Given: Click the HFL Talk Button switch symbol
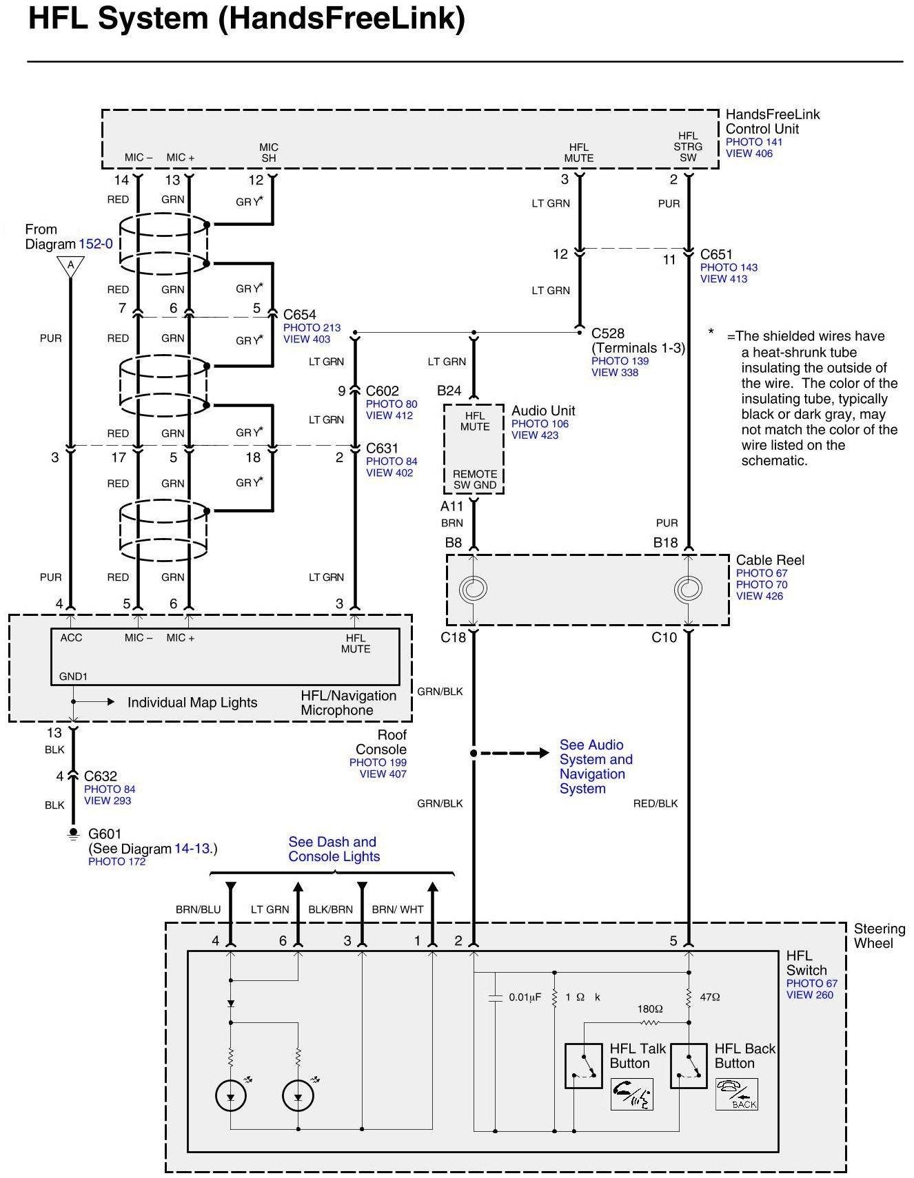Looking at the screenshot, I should [583, 1065].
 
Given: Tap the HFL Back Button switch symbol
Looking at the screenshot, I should [689, 1065].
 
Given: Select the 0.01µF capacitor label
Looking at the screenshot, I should [525, 997].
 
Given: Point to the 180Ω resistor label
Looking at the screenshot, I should [649, 1009].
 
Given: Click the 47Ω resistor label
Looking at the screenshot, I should [709, 997].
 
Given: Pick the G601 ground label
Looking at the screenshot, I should [105, 834].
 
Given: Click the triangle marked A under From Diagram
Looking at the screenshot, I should [70, 266].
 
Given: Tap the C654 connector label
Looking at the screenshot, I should [299, 315].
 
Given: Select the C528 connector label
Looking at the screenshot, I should [608, 333].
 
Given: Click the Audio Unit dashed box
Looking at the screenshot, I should [474, 449].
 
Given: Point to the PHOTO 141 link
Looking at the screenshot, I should [753, 142].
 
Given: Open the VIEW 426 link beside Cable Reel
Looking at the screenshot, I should [759, 596].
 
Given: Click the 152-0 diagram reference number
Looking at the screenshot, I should [95, 244].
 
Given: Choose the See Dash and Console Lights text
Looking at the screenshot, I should [334, 849].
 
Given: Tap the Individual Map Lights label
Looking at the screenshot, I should [192, 703].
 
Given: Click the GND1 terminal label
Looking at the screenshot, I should [73, 676].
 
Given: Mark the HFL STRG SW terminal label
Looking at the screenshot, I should [688, 147].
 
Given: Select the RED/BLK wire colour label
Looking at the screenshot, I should [655, 803].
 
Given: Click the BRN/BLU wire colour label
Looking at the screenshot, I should [198, 909].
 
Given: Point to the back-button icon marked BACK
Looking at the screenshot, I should [736, 1095].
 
